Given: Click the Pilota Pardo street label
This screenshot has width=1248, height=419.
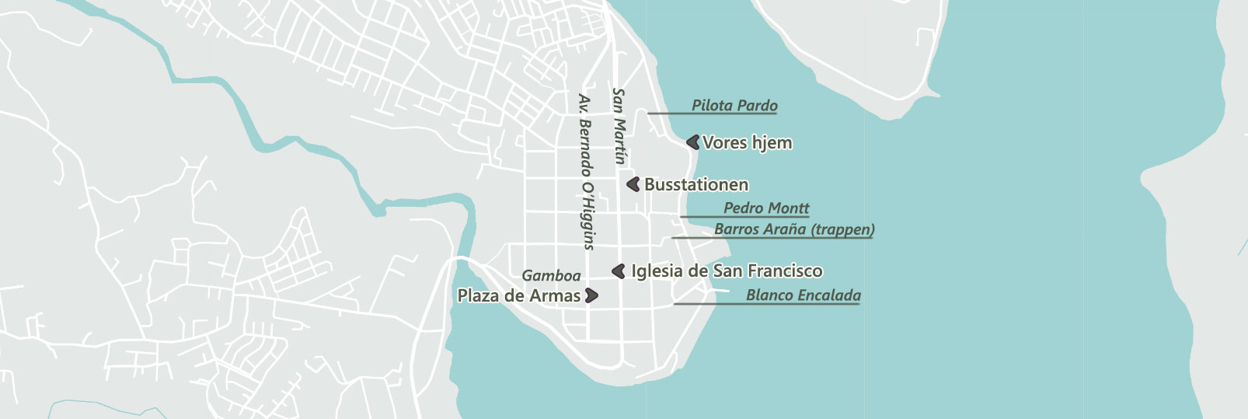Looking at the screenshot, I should tap(734, 105).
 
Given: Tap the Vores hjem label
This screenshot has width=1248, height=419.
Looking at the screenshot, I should tap(747, 143).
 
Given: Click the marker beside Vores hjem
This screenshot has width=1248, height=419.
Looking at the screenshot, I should tap(693, 142).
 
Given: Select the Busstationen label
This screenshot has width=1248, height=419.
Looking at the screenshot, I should tap(696, 185).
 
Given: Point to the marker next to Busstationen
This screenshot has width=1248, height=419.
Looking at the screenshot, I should tap(633, 184).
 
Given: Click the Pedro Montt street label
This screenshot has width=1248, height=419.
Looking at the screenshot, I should tap(766, 208).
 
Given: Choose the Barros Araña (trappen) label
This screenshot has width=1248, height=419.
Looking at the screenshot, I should tap(794, 229).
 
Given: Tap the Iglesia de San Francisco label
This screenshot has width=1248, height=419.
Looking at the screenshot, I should tap(727, 271).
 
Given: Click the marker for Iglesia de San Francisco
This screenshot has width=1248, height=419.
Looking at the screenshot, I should tap(619, 271).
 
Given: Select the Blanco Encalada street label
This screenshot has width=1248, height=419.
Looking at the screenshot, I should tap(803, 295).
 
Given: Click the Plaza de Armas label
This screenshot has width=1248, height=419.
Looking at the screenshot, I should tap(518, 296).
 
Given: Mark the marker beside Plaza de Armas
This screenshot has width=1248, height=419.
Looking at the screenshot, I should tap(591, 295).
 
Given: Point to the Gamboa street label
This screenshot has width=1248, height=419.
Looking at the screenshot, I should tap(551, 275).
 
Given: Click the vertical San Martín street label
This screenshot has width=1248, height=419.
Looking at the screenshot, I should tap(619, 126).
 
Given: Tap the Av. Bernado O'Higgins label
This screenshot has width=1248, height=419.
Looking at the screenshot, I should tap(587, 172).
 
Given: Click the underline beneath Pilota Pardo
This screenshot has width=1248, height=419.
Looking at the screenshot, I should tap(712, 114).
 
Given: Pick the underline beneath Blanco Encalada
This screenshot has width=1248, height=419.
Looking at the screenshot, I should tap(766, 304).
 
